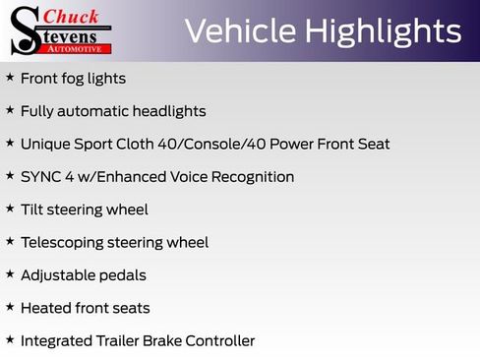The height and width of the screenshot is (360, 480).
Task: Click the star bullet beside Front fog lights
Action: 10,78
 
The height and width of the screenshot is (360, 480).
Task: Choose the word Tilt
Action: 32,210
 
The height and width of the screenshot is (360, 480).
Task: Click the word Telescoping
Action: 65,242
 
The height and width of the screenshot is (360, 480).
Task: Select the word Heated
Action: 45,308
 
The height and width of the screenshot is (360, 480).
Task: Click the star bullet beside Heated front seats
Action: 10,308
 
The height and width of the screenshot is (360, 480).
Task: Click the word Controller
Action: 222,341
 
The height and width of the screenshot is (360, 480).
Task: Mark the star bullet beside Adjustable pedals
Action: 10,275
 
